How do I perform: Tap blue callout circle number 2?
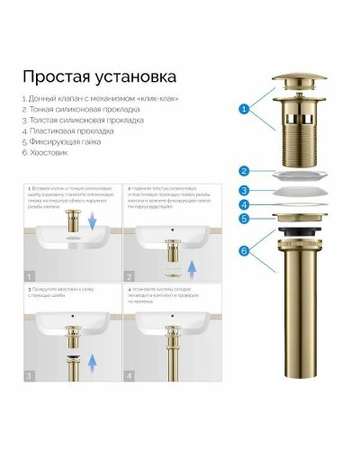point(243,170)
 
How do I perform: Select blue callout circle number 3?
point(243,190)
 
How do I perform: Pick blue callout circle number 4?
point(243,205)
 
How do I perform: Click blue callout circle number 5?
point(243,218)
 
